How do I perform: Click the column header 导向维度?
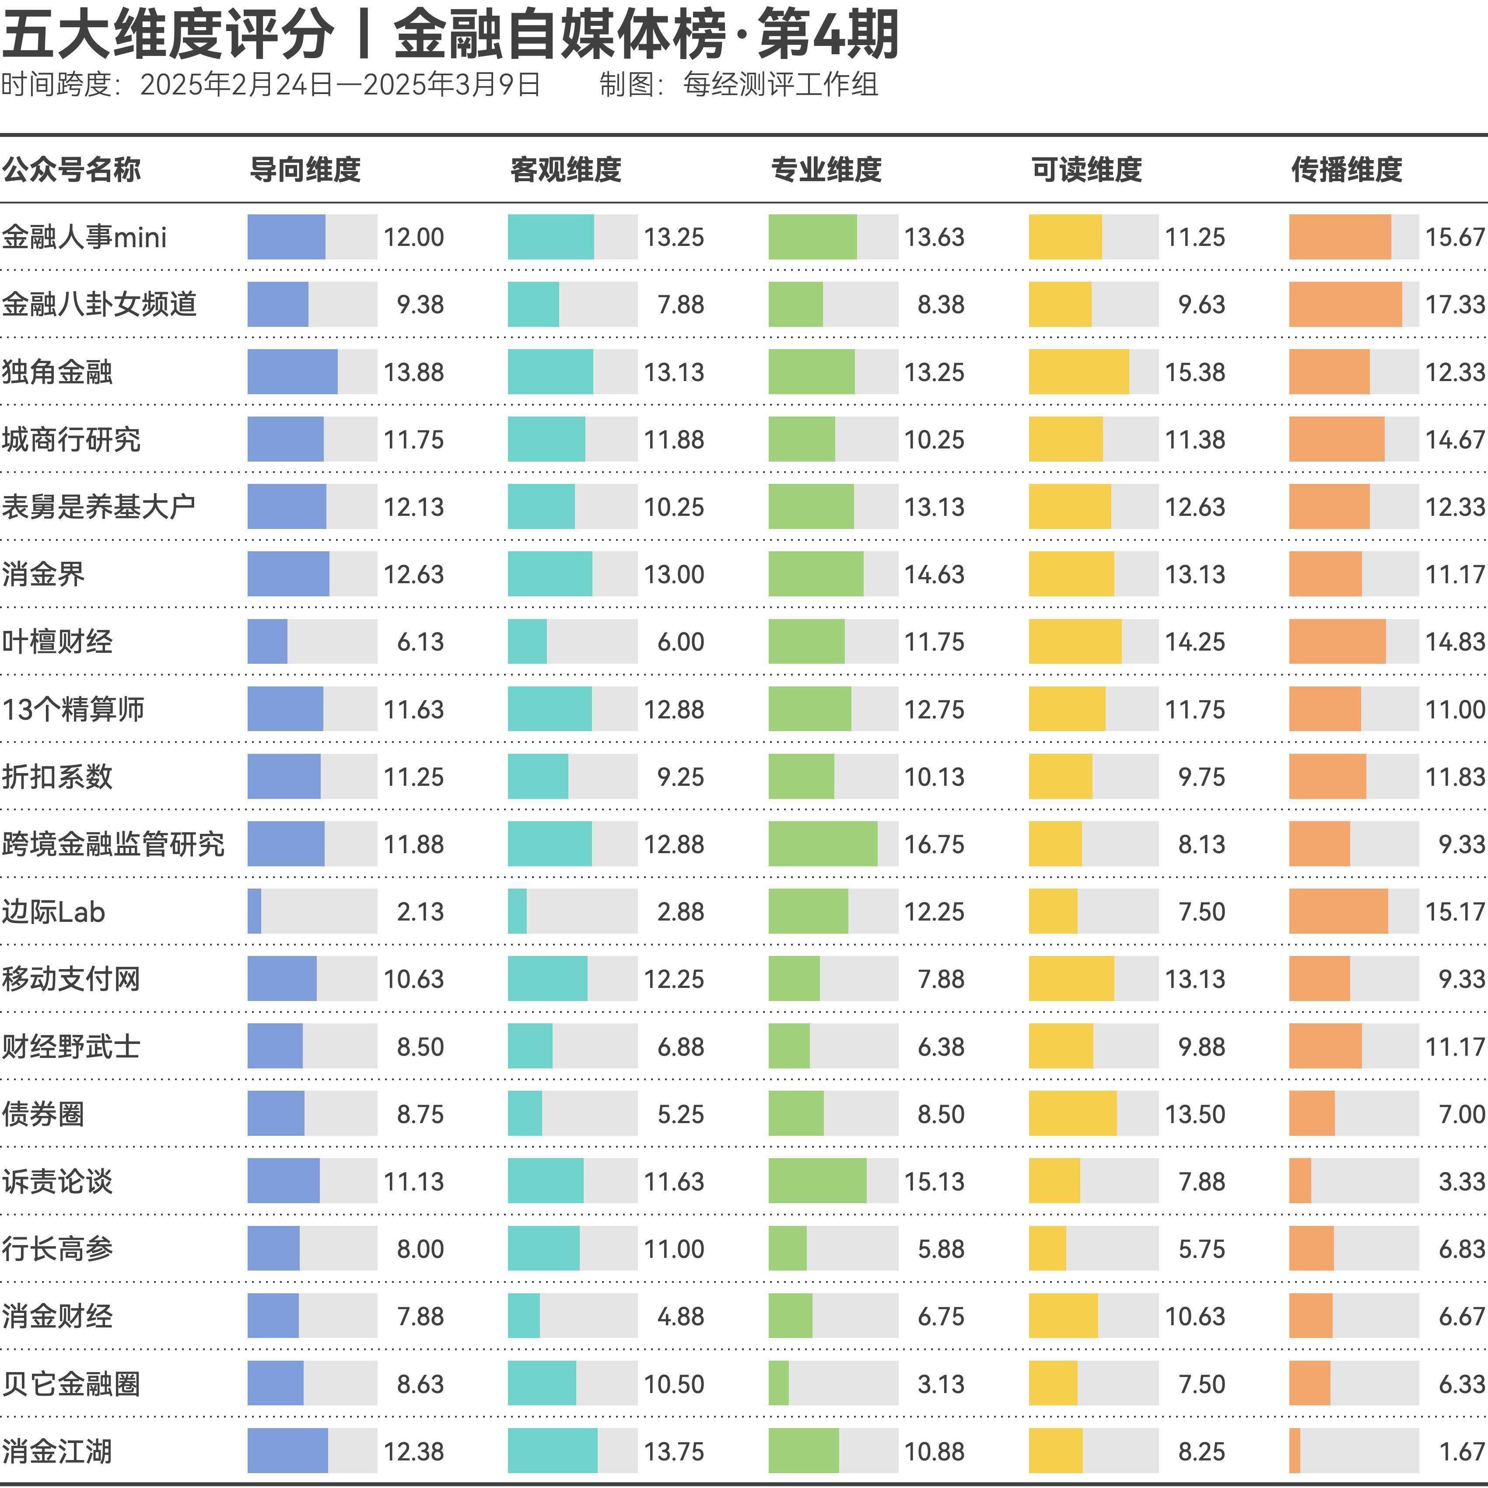point(305,169)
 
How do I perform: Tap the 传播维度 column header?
point(1346,169)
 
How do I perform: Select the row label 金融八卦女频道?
point(99,304)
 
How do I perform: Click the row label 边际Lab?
point(53,912)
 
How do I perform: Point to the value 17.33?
point(1454,304)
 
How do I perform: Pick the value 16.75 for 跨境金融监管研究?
point(934,844)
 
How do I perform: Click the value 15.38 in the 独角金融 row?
point(1194,372)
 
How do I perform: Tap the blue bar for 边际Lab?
point(254,911)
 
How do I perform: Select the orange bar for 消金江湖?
point(1295,1451)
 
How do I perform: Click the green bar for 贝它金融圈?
point(779,1383)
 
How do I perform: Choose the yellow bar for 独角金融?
point(1078,372)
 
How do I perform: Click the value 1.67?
point(1461,1451)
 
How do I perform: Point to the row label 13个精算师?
point(73,709)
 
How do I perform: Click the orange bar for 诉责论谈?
point(1300,1181)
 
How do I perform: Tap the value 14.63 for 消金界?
point(934,574)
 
